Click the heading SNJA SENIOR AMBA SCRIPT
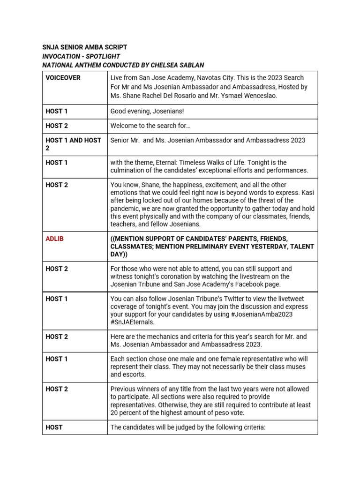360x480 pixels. click(84, 47)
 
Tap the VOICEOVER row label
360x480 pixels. click(63, 78)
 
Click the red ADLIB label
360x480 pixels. click(54, 239)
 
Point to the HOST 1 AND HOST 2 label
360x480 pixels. click(73, 144)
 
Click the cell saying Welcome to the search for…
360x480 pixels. click(150, 126)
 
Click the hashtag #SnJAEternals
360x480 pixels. click(132, 322)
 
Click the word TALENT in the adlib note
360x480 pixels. click(299, 247)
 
